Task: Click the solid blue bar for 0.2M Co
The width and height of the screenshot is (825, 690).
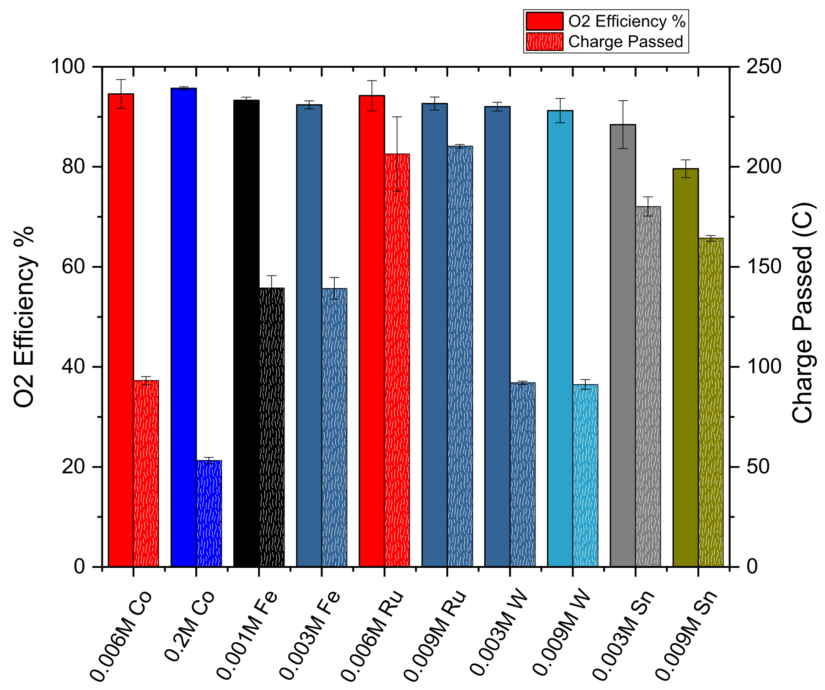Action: [x=183, y=327]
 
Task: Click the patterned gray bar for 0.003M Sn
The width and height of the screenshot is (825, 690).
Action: [x=648, y=387]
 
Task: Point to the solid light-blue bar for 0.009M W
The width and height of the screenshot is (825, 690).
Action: [x=560, y=339]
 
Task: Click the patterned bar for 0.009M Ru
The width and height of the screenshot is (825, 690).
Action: [x=460, y=356]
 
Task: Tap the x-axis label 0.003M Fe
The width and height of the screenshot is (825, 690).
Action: [x=311, y=634]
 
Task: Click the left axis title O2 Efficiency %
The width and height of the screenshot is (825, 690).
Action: [x=24, y=317]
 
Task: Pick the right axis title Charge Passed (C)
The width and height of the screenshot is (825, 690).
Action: [x=803, y=313]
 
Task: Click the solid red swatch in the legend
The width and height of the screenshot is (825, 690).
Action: [x=544, y=22]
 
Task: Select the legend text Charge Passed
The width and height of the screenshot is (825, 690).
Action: [x=626, y=42]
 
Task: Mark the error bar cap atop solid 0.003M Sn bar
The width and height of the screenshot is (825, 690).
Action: [x=623, y=101]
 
